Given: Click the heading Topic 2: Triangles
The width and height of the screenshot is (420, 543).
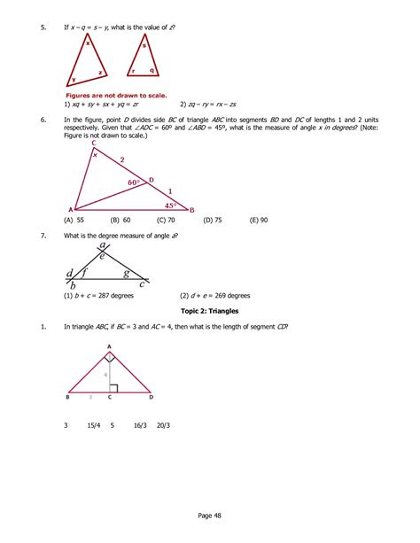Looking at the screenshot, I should coord(217,312).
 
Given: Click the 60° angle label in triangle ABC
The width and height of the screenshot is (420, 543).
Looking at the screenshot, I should coord(134,182).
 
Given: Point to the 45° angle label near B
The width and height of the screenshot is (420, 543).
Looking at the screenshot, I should coord(172,205).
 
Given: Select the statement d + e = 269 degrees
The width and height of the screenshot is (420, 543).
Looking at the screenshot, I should coord(214,296).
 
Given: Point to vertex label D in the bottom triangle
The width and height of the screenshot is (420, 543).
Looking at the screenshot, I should coord(151,398).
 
